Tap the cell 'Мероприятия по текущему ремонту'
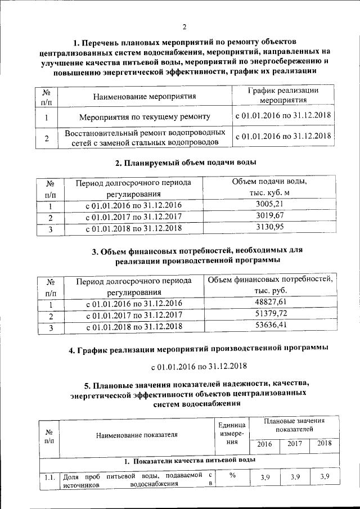click(x=145, y=117)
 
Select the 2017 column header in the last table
click(x=294, y=444)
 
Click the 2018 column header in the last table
click(x=324, y=444)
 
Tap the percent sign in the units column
click(x=232, y=475)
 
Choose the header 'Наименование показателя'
click(x=137, y=435)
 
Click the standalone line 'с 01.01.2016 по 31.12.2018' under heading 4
click(x=199, y=367)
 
